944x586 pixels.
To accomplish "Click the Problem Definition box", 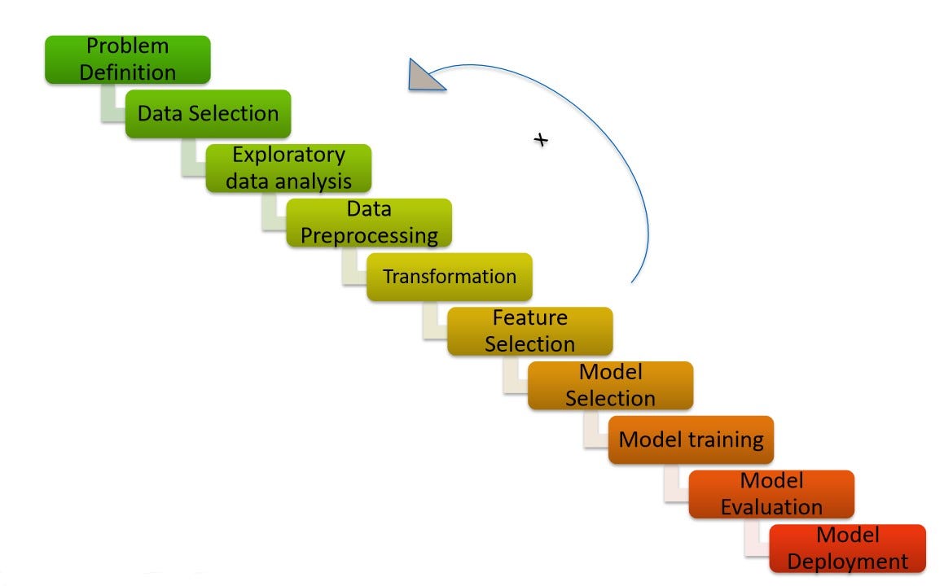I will pyautogui.click(x=128, y=59).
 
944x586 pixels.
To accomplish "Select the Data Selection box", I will pyautogui.click(x=208, y=114).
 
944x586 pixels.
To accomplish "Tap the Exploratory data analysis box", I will pyautogui.click(x=288, y=168).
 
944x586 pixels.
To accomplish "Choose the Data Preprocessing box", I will pyautogui.click(x=369, y=222).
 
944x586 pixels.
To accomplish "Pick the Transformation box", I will pyautogui.click(x=450, y=277).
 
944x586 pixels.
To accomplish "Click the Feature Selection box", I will pyautogui.click(x=529, y=330).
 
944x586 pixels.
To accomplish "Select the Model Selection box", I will pyautogui.click(x=610, y=385).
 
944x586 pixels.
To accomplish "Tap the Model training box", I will pyautogui.click(x=691, y=439).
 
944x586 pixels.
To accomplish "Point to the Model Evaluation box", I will pyautogui.click(x=771, y=493).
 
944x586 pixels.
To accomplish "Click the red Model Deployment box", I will pyautogui.click(x=847, y=548).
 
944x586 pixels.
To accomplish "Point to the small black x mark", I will pyautogui.click(x=541, y=140).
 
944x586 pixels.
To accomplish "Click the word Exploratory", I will pyautogui.click(x=288, y=155).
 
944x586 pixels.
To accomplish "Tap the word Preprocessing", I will pyautogui.click(x=369, y=236).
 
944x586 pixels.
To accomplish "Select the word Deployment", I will pyautogui.click(x=847, y=562).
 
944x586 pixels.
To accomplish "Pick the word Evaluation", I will pyautogui.click(x=771, y=507).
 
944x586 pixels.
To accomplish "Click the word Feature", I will pyautogui.click(x=529, y=317).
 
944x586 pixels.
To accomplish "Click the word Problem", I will pyautogui.click(x=128, y=46).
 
